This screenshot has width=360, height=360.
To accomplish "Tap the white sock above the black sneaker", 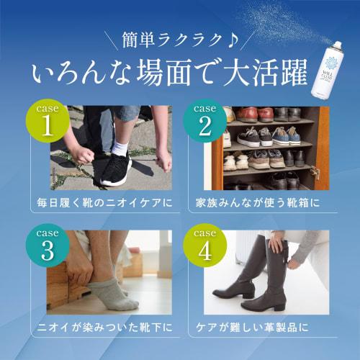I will (120, 147).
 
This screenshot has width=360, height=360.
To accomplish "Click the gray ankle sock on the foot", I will (108, 291).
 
